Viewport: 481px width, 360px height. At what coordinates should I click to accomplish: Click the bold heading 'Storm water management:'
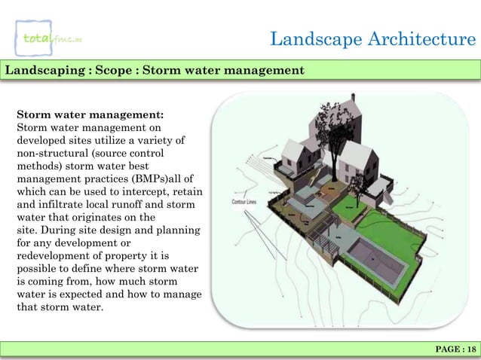point(85,116)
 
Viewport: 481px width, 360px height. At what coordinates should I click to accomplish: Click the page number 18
point(470,348)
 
